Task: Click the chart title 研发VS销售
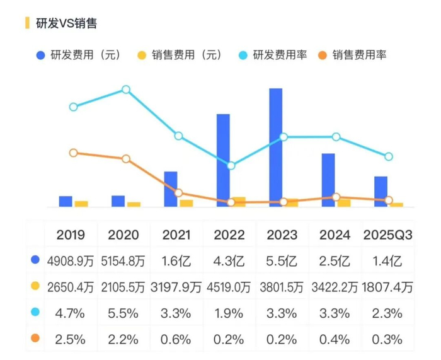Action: (66, 23)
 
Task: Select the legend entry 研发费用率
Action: (280, 55)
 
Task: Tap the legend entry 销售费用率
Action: (360, 55)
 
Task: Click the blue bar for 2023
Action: (276, 148)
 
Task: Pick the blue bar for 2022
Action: (223, 160)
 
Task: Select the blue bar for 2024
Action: (328, 180)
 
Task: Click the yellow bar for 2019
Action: (81, 204)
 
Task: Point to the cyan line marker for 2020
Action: (126, 90)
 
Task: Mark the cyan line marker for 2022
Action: (231, 166)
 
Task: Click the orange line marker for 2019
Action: (74, 153)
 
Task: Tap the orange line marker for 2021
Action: (178, 193)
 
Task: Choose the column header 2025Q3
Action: (388, 235)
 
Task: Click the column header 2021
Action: (176, 235)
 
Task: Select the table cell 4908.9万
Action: (71, 261)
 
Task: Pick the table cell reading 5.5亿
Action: (282, 261)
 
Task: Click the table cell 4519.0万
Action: (229, 287)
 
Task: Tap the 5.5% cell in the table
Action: (123, 313)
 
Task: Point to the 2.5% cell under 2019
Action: (71, 339)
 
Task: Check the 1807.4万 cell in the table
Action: (387, 287)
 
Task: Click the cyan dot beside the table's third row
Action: (35, 312)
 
